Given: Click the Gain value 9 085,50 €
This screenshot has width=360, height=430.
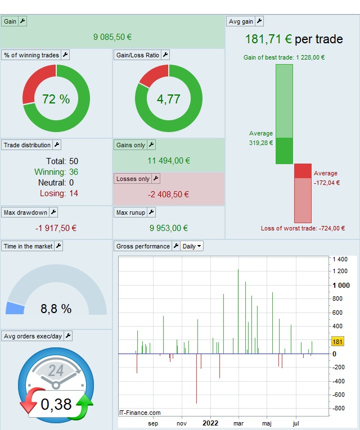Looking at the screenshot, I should coord(112,37).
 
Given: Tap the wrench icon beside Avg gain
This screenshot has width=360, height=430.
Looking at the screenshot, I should coord(259,21).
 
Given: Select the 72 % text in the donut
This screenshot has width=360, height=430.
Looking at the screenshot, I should coord(56,99).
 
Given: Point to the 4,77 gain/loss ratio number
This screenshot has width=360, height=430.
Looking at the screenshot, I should coord(169,99).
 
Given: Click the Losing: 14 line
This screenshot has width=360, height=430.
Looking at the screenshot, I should coord(58,193).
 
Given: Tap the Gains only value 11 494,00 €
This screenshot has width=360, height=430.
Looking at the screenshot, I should coord(169,161).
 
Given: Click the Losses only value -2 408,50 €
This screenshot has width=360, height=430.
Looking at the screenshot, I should coord(169,195).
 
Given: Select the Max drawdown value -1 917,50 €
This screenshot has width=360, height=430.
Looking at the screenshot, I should coord(56,228).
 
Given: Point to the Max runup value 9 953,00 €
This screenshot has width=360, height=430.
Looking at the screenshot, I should coord(169,228).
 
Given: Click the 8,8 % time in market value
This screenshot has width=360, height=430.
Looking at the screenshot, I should coord(56,309).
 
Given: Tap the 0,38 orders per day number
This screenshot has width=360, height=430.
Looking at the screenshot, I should coord(56,404).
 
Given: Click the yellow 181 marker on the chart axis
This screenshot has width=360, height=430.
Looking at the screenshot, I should coord(337,342).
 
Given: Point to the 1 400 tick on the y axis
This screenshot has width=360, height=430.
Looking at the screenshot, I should coord(340,259).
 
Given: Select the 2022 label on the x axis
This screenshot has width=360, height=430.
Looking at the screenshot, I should coord(210,423).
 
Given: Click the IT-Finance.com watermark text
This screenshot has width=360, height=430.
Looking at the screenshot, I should coord(140,413).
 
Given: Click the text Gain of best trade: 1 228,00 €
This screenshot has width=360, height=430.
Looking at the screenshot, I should coord(284,57).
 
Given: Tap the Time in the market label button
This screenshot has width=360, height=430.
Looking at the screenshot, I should coord(28,246).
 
